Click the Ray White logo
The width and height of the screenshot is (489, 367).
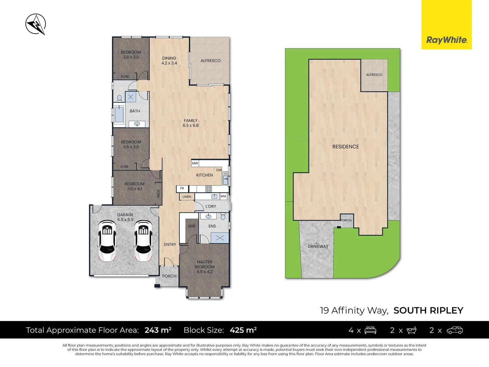coord(447,40)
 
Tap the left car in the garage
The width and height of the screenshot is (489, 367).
coord(107,241)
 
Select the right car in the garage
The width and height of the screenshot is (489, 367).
coord(143,241)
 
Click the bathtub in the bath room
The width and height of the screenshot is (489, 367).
coord(119,115)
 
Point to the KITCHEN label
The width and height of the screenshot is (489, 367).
coord(204,175)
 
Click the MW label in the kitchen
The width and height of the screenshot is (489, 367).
coord(195,163)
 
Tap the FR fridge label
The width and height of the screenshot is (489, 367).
coord(182,188)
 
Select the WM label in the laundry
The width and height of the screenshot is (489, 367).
coord(223,196)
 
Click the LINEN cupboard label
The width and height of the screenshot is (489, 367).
coord(187,197)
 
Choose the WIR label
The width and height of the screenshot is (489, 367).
coord(192,226)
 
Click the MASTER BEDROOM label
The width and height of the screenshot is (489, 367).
coord(204,267)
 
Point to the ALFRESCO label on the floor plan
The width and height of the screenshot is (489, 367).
coord(211,60)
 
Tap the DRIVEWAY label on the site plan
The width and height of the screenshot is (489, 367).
coord(318,246)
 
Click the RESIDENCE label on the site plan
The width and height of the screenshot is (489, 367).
coord(345,146)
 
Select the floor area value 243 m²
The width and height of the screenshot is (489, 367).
coord(158,330)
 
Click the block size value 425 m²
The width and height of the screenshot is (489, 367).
coord(243,330)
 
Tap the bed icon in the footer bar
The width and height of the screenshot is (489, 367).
coord(370,330)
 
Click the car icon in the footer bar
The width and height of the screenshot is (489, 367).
coord(455,330)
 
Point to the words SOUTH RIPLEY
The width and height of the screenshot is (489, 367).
coord(428,310)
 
